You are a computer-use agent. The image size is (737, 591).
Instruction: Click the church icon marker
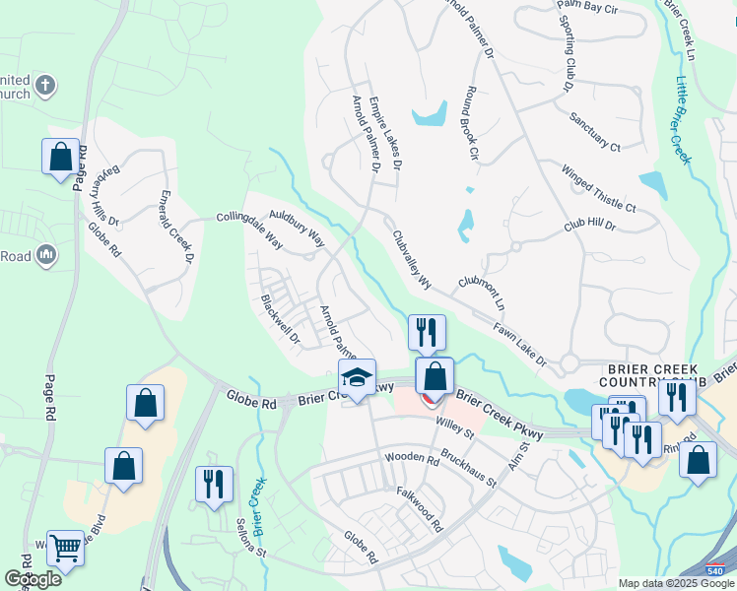(x=44, y=87)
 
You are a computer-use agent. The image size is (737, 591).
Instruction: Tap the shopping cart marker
(x=65, y=547)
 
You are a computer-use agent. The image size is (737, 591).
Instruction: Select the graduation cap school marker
(x=357, y=376)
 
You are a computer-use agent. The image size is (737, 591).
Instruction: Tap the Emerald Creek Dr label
(x=175, y=227)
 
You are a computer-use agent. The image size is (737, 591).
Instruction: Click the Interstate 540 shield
(x=717, y=570)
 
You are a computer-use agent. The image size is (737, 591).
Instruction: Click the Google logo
(x=32, y=579)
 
